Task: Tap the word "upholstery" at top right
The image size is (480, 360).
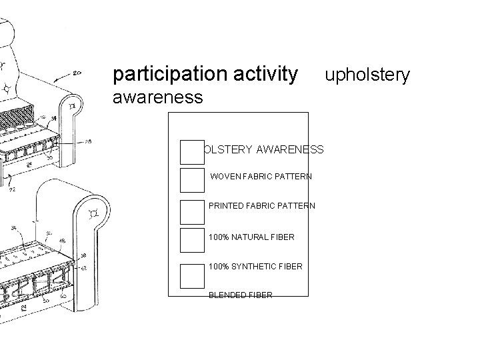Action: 367,75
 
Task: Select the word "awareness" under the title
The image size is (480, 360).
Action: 157,97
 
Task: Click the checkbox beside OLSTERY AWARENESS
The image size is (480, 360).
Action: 192,152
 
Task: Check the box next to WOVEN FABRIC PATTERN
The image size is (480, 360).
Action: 192,179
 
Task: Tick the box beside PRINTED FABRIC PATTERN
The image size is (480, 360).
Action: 192,211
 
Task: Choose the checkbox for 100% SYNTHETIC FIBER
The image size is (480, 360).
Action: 192,275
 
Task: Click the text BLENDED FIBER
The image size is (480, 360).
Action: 240,295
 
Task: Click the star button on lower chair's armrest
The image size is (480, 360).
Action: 93,213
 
